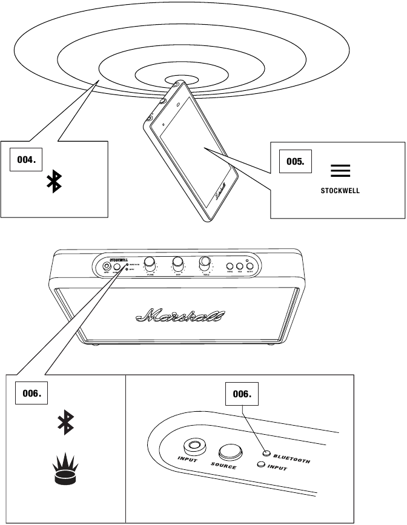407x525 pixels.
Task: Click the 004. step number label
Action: pyautogui.click(x=25, y=160)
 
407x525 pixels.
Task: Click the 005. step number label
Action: pyautogui.click(x=295, y=162)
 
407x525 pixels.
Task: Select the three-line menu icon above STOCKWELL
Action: pyautogui.click(x=340, y=171)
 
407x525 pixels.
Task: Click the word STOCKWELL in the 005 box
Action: pyautogui.click(x=340, y=190)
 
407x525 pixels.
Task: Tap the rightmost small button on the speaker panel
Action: pyautogui.click(x=250, y=265)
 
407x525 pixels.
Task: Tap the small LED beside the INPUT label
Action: pyautogui.click(x=260, y=465)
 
